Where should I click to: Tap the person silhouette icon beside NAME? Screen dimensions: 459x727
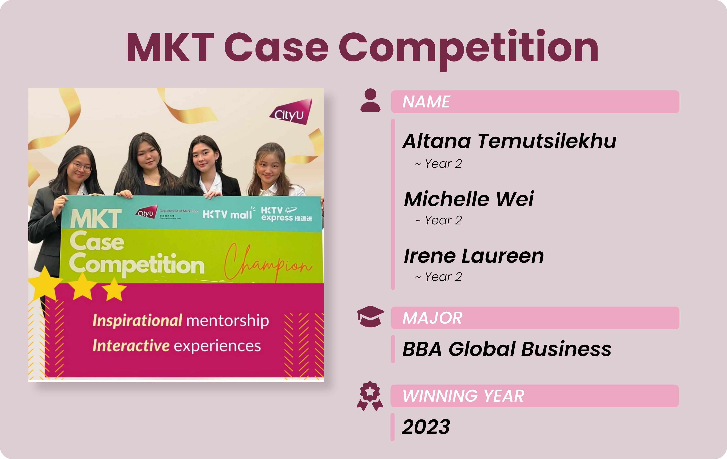pyautogui.click(x=370, y=100)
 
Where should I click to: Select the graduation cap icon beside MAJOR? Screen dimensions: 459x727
pyautogui.click(x=370, y=316)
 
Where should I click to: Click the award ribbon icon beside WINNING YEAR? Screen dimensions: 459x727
pyautogui.click(x=370, y=396)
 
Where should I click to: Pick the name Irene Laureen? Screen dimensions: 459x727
pyautogui.click(x=474, y=256)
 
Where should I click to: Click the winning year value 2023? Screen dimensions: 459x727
pyautogui.click(x=426, y=427)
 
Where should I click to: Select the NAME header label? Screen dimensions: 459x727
pyautogui.click(x=426, y=102)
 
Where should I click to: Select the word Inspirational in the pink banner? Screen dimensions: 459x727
pyautogui.click(x=137, y=320)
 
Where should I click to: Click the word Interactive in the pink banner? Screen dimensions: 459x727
pyautogui.click(x=131, y=346)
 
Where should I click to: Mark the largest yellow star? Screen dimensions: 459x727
pyautogui.click(x=45, y=283)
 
